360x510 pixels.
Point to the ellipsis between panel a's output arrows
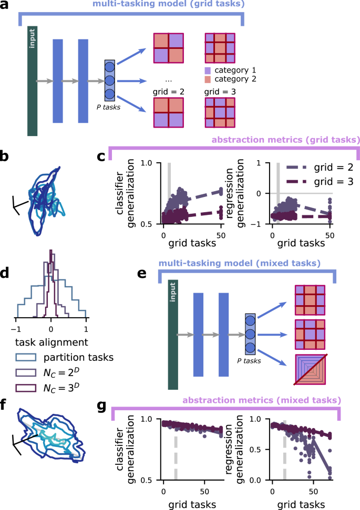[169, 81]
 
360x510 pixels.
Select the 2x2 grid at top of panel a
[169, 48]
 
